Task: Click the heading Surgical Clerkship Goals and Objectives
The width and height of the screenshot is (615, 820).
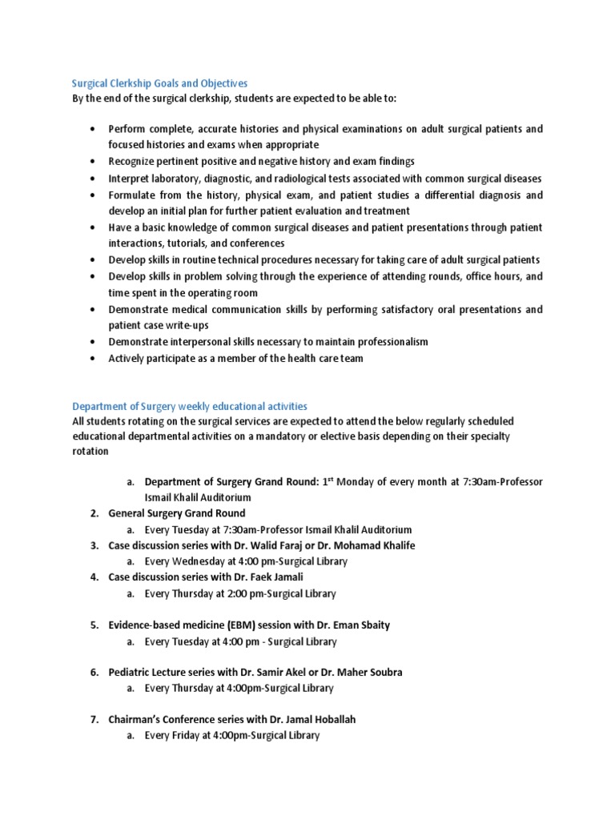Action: tap(160, 82)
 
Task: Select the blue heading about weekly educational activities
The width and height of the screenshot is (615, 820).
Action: tap(190, 406)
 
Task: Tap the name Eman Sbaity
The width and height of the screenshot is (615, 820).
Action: tap(361, 625)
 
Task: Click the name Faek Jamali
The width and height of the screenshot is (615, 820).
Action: tap(277, 577)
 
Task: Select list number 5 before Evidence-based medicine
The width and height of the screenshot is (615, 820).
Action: tap(94, 625)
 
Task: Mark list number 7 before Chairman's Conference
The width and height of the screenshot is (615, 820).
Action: tap(94, 719)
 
